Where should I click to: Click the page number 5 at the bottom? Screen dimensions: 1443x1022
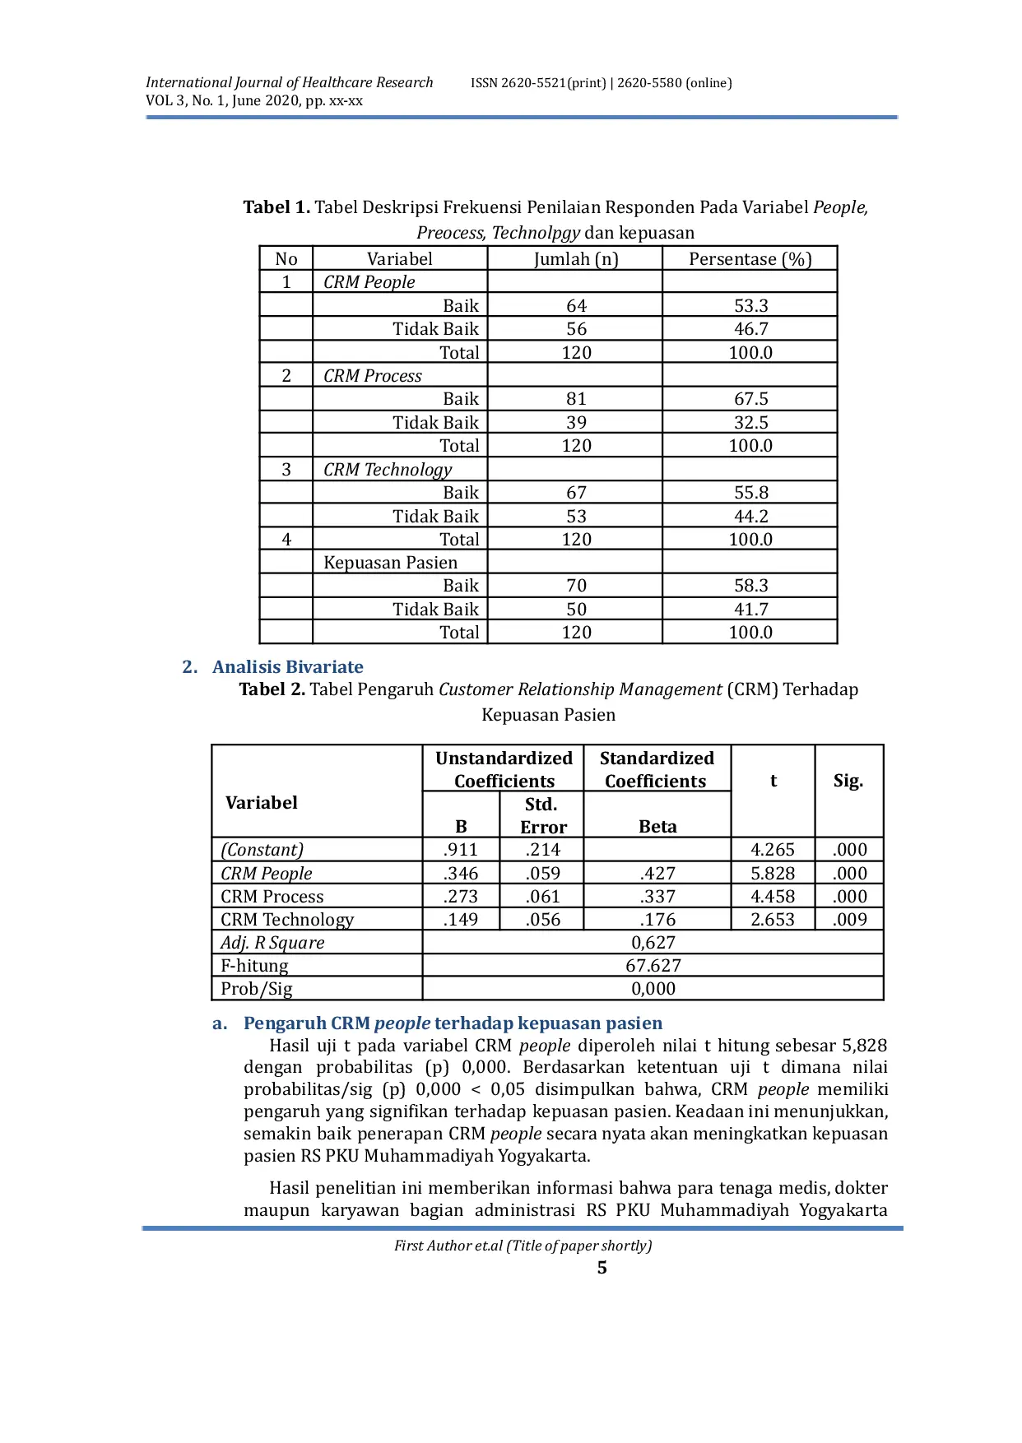coord(602,1268)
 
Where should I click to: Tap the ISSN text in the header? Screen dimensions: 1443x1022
coord(601,83)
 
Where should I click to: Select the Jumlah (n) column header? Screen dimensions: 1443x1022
coord(575,259)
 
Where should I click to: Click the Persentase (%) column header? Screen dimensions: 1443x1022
coord(750,259)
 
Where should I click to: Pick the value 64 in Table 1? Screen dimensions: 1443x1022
coord(576,306)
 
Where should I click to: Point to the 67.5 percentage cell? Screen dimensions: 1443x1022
coord(750,399)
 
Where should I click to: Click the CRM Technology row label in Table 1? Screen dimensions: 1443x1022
coord(388,470)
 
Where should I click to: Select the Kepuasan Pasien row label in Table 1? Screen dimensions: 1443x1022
coord(390,563)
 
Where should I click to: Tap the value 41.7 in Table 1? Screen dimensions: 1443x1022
coord(750,610)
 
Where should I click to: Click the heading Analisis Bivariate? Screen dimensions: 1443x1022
coord(287,667)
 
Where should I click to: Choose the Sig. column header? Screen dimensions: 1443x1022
coord(848,781)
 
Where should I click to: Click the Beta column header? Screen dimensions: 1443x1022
coord(657,827)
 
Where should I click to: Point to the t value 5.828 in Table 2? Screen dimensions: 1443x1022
coord(773,874)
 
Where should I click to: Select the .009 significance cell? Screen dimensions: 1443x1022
coord(849,920)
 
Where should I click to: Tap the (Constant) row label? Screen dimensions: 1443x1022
coord(262,850)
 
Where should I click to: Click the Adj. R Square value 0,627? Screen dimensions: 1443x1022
coord(653,943)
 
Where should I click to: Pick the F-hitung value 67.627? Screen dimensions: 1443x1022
coord(653,966)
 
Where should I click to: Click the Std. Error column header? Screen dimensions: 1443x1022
coord(542,815)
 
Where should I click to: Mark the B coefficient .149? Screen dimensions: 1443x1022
coord(460,920)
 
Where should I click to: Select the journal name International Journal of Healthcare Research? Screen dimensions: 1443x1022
coord(289,82)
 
